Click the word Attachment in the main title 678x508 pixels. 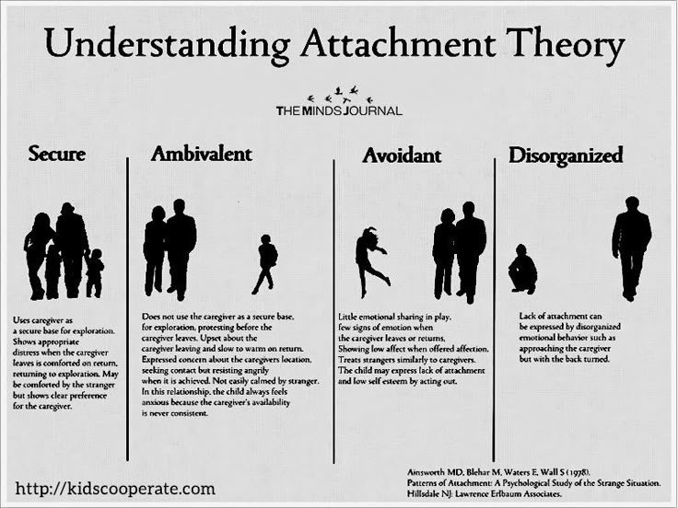click(x=398, y=43)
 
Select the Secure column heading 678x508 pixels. click(x=56, y=154)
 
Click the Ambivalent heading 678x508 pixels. click(x=202, y=155)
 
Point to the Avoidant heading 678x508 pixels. click(x=402, y=156)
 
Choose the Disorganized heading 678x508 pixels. click(x=566, y=156)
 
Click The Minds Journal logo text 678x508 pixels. click(x=339, y=111)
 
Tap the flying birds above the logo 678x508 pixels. click(x=339, y=95)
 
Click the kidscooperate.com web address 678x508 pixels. click(x=115, y=489)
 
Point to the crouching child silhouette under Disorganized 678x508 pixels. click(x=522, y=269)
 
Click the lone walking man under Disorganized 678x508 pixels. click(x=632, y=248)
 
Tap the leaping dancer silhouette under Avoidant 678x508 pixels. click(x=371, y=261)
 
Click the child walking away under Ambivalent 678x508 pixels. click(x=265, y=264)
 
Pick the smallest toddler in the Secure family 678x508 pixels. click(x=94, y=273)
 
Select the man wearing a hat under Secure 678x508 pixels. click(x=72, y=249)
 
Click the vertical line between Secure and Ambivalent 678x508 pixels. click(x=127, y=309)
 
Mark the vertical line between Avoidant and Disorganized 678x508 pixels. click(x=494, y=310)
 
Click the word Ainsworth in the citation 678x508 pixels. click(x=427, y=472)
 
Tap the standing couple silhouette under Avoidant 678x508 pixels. click(x=459, y=252)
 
